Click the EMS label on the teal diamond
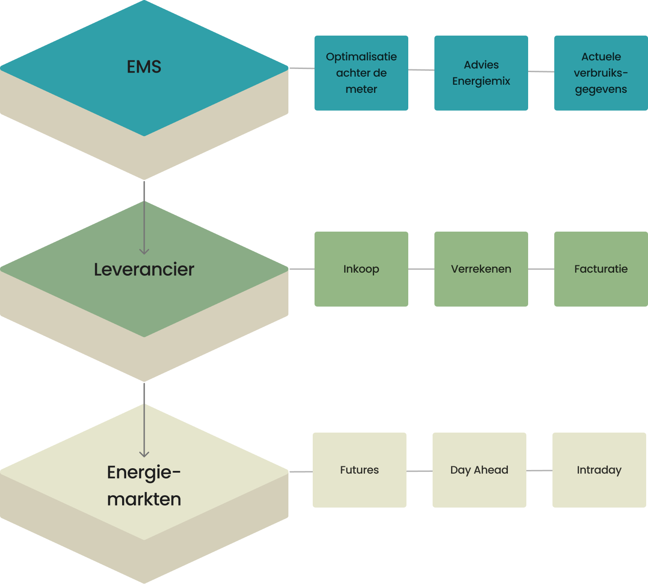pos(144,67)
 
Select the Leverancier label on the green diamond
pos(144,269)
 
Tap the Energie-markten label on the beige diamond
pos(144,485)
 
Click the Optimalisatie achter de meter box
pos(361,73)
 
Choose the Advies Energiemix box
pos(481,73)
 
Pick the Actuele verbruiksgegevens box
pos(601,73)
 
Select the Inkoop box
pos(361,269)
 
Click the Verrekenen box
pos(481,269)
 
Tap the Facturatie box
pos(601,269)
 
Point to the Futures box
pos(359,470)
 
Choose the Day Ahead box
pos(479,470)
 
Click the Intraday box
pos(599,470)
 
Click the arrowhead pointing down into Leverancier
pos(144,251)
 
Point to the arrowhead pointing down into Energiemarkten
pos(144,454)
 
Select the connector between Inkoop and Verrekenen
pos(421,269)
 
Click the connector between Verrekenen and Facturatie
pos(541,269)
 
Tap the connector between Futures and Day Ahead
pos(420,471)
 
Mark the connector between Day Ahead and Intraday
pos(539,470)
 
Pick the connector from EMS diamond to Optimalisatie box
pos(301,68)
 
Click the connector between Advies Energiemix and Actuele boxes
pos(541,72)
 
